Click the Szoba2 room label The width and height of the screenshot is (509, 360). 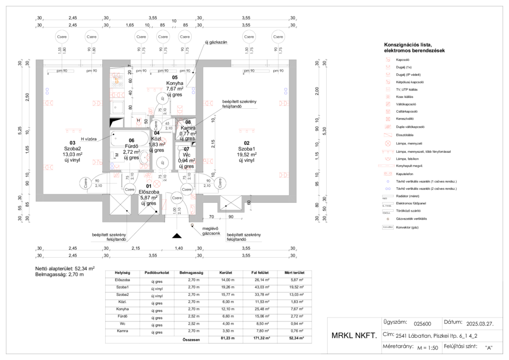73,148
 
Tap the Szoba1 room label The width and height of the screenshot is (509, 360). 246,148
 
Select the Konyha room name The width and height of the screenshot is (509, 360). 174,83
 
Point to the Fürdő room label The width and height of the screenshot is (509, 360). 131,146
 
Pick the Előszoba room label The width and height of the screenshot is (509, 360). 149,191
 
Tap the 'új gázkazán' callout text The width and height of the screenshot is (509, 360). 215,43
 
